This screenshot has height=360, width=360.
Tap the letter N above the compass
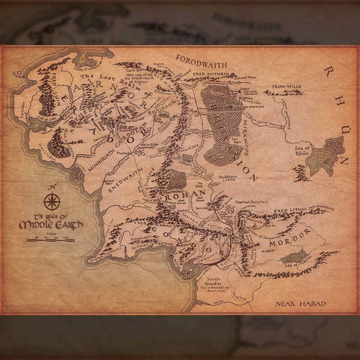[51, 188]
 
